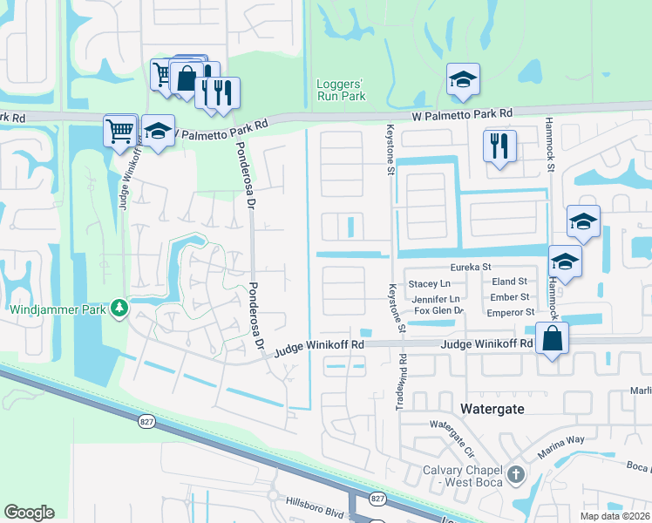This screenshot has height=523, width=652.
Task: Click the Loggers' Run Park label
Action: (x=340, y=91)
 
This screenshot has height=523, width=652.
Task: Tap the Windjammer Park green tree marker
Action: (x=119, y=309)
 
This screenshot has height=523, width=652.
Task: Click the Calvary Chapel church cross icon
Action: (x=516, y=475)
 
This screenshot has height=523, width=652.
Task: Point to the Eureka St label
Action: (x=472, y=267)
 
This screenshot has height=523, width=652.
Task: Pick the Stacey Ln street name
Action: (x=430, y=283)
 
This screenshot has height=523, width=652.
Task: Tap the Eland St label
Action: (x=510, y=282)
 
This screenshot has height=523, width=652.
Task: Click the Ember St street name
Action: (x=511, y=296)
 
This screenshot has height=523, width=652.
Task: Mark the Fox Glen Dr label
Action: (x=438, y=311)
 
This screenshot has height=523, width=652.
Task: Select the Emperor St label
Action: (x=510, y=311)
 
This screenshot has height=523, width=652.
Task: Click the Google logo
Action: (x=29, y=513)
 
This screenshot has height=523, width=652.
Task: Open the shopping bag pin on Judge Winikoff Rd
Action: (x=553, y=338)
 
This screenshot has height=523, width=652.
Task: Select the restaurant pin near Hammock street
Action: (x=499, y=146)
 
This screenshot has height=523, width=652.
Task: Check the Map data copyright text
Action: (x=615, y=516)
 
